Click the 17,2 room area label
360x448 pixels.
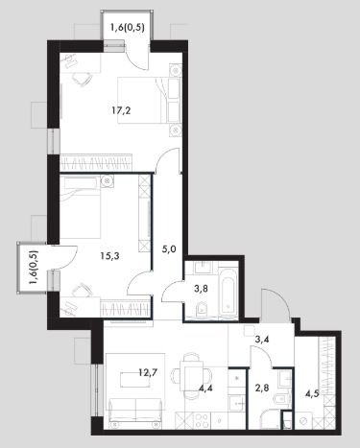pos(121,111)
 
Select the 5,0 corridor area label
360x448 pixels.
pos(169,248)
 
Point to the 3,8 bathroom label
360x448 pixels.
pos(201,289)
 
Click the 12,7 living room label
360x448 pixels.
pos(148,372)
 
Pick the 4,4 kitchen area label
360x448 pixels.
pos(205,389)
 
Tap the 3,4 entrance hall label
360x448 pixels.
pos(262,339)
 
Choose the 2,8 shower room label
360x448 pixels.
pos(261,389)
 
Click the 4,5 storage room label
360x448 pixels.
pos(312,393)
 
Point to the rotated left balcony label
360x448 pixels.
pos(33,268)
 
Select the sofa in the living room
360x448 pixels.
pos(134,411)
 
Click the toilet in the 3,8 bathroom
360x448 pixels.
pos(202,309)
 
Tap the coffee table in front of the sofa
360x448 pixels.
pos(135,379)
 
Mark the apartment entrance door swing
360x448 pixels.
pos(276,304)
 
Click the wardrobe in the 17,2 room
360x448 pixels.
pos(96,162)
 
